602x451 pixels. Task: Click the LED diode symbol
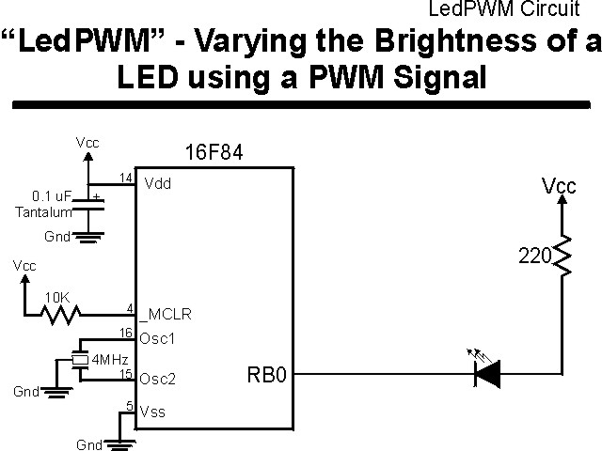(x=486, y=375)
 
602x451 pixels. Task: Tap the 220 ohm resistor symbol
(x=562, y=257)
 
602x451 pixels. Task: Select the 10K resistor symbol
(x=60, y=314)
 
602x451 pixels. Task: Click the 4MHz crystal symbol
(x=80, y=360)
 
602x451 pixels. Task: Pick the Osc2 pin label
(x=156, y=380)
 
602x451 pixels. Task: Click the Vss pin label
(x=152, y=410)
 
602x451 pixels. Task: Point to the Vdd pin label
(x=157, y=184)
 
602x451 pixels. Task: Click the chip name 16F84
(x=214, y=153)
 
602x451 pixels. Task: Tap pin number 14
(x=126, y=178)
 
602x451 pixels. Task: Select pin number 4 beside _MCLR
(x=129, y=307)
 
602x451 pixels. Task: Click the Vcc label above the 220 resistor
(x=559, y=186)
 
